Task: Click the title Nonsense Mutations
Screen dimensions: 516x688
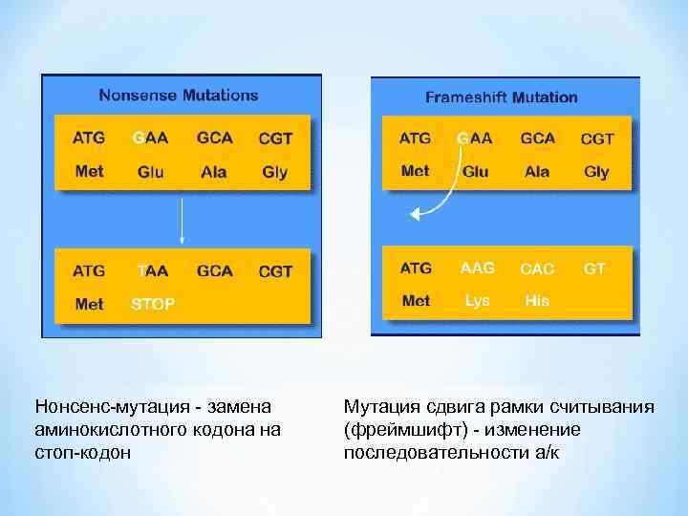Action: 179,95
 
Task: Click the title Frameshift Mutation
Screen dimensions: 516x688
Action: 501,97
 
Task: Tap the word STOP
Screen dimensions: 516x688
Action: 153,304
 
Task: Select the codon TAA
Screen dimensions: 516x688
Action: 153,270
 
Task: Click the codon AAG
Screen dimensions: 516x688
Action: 477,269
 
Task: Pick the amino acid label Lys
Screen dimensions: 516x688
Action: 477,300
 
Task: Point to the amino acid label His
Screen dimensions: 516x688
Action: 537,300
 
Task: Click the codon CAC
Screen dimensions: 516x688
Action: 537,269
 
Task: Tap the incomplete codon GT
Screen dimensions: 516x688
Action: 594,269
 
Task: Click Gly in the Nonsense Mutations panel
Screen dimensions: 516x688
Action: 274,172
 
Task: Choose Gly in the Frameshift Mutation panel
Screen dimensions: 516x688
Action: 596,172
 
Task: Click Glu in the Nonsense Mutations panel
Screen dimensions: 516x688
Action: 151,172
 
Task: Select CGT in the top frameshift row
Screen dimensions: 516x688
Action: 597,139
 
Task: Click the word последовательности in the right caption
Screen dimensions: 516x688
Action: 434,452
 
